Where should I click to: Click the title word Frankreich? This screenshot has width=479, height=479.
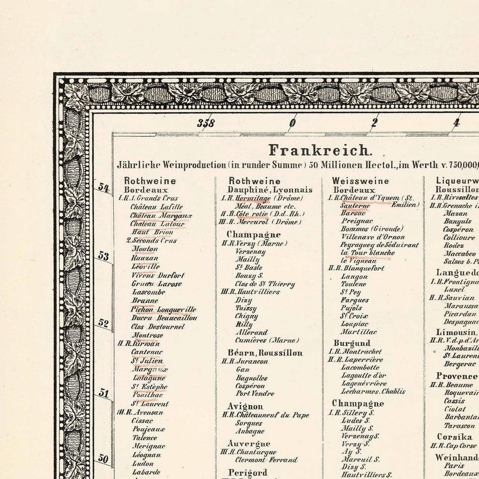click(x=318, y=151)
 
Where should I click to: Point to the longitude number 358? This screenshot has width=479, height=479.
click(x=206, y=123)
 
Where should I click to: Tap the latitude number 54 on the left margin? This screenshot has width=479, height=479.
click(x=104, y=188)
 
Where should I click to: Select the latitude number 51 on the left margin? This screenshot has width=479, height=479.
click(x=104, y=393)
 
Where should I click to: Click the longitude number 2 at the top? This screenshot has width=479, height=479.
click(x=375, y=123)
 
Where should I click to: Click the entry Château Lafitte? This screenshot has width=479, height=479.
click(x=156, y=207)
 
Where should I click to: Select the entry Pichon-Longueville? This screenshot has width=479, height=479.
click(x=163, y=310)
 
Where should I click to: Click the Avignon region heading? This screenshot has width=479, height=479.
click(x=245, y=406)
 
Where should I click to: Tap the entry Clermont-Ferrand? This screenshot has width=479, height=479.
click(x=266, y=460)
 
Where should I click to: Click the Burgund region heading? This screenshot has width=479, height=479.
click(x=352, y=343)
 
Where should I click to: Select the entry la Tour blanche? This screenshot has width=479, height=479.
click(x=368, y=253)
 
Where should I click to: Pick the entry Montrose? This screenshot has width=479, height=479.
click(x=147, y=335)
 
